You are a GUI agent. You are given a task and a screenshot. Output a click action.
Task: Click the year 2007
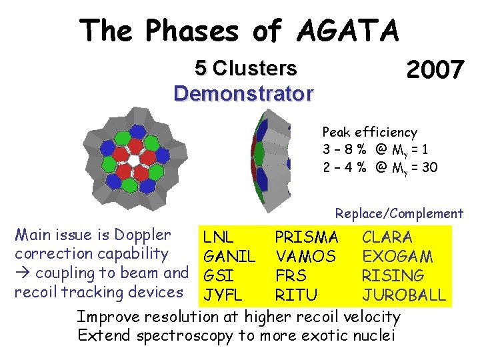click(x=435, y=69)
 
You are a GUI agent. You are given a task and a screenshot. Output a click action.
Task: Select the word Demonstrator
click(x=243, y=93)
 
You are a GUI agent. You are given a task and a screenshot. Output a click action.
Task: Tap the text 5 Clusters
click(x=245, y=68)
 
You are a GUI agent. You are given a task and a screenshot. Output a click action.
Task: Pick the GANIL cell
click(x=229, y=256)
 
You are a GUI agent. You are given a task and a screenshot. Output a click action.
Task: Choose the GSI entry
click(x=218, y=275)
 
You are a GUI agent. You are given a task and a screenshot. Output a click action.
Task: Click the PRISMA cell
click(x=306, y=237)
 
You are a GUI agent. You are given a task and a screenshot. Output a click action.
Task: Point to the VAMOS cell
click(x=305, y=256)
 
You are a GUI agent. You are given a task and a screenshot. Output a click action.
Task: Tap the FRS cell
click(x=291, y=275)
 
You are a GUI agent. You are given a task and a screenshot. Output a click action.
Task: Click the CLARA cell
click(x=387, y=237)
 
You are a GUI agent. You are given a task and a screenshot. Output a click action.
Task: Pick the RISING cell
click(x=393, y=275)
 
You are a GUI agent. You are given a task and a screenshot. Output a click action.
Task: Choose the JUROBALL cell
click(x=403, y=295)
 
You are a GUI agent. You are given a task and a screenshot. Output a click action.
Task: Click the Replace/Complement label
click(x=399, y=214)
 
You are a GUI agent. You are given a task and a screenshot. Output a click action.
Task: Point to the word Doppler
click(x=142, y=235)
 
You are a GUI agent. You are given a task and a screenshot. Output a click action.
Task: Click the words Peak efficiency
click(x=369, y=132)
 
